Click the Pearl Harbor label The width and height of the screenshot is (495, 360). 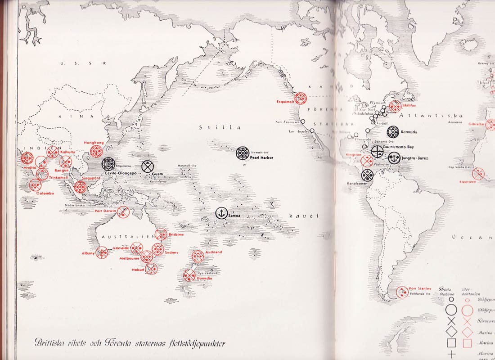[261, 157]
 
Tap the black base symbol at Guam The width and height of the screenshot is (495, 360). [147, 166]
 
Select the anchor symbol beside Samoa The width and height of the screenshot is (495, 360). [221, 214]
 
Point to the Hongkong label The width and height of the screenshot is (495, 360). [94, 143]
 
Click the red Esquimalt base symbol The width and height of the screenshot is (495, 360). [301, 98]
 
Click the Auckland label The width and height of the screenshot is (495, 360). [213, 252]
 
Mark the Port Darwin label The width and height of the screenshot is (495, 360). [107, 211]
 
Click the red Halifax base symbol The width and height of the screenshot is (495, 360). [395, 107]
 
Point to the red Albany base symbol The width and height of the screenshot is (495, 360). [102, 253]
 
